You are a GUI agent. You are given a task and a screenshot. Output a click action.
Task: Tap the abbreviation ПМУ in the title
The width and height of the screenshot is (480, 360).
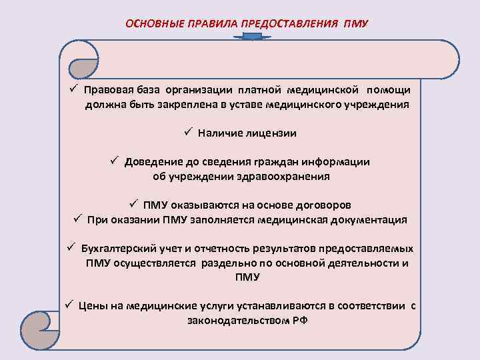pyautogui.click(x=357, y=24)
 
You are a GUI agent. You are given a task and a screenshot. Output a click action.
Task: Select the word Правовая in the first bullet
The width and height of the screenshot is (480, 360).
pyautogui.click(x=108, y=89)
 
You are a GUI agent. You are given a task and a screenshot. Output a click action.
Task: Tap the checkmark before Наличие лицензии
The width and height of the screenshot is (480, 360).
pyautogui.click(x=189, y=133)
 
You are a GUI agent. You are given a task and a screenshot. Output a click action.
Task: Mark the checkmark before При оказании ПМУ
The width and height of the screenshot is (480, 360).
pyautogui.click(x=77, y=219)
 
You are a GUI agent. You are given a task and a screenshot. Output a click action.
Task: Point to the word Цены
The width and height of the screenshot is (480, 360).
pyautogui.click(x=92, y=305)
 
